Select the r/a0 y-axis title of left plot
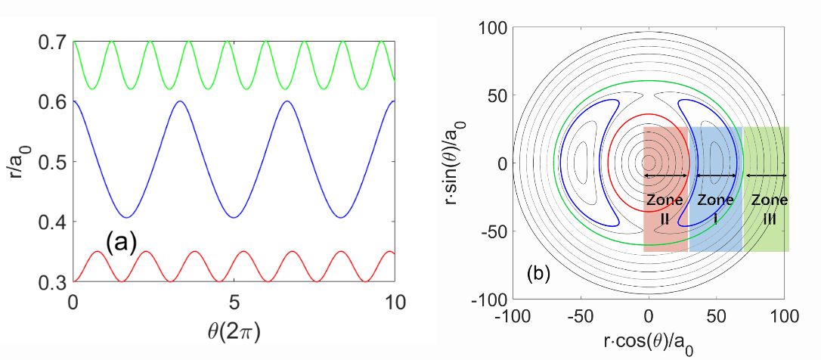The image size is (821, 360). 17,163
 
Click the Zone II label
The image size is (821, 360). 665,209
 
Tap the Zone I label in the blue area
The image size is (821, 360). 715,209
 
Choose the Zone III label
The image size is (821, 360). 767,209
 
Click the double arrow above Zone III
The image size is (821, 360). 767,175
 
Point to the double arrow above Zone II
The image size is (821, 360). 665,175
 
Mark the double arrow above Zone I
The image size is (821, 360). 716,175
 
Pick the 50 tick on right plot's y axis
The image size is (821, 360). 496,95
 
